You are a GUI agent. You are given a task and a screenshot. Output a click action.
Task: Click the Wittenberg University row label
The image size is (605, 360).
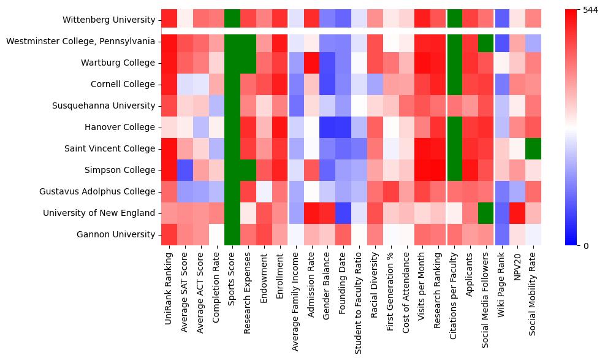[x=108, y=20]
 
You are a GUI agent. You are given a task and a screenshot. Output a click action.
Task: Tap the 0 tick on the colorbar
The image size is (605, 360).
[x=577, y=245]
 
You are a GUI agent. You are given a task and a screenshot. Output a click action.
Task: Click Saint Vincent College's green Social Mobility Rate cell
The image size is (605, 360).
[x=533, y=148]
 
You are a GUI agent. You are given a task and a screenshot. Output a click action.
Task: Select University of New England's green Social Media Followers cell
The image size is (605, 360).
[x=486, y=213]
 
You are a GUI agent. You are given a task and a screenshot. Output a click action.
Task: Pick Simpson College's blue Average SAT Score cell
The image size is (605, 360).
[x=186, y=170]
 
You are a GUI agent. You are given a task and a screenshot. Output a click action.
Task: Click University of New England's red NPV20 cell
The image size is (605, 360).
[x=517, y=213]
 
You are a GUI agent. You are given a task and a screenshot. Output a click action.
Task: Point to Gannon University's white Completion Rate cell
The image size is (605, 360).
[x=217, y=234]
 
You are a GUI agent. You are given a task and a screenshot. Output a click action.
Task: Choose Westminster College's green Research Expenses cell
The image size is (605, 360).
[x=249, y=42]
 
